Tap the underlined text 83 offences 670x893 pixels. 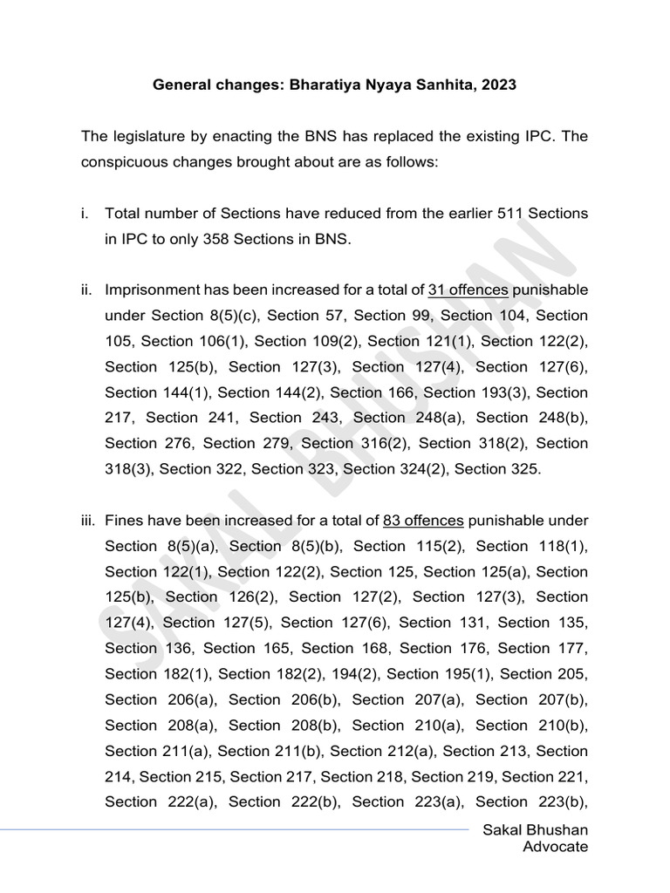pyautogui.click(x=423, y=521)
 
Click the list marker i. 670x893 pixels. pyautogui.click(x=85, y=214)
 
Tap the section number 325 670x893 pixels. pyautogui.click(x=523, y=469)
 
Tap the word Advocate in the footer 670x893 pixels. pyautogui.click(x=555, y=847)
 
